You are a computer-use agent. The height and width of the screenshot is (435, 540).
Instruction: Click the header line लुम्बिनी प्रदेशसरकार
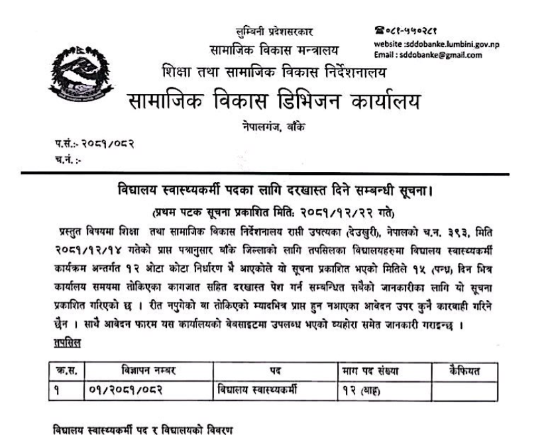pos(275,32)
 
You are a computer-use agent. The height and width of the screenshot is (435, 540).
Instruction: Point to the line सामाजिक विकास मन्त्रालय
pos(274,50)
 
